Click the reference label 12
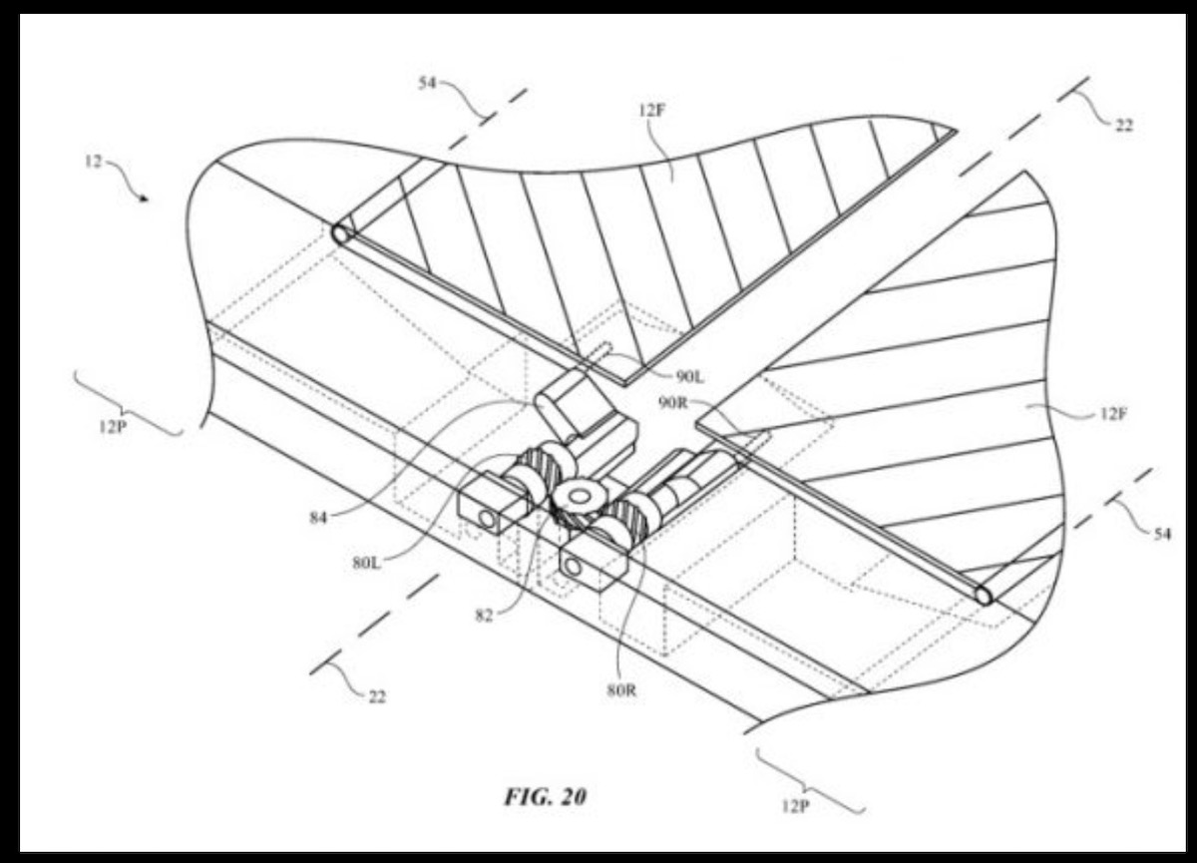(x=94, y=162)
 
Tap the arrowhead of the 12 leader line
(x=145, y=200)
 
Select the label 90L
(x=690, y=377)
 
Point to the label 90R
(x=673, y=403)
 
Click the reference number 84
(x=318, y=518)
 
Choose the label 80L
(x=367, y=564)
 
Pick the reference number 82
(x=484, y=616)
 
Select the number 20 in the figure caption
(x=574, y=797)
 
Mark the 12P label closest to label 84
(x=112, y=427)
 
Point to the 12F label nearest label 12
(x=652, y=111)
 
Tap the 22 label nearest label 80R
(x=377, y=696)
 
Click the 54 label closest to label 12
(x=427, y=84)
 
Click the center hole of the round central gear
(x=581, y=497)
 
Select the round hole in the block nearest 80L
(x=488, y=519)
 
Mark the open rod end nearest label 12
(x=340, y=234)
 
